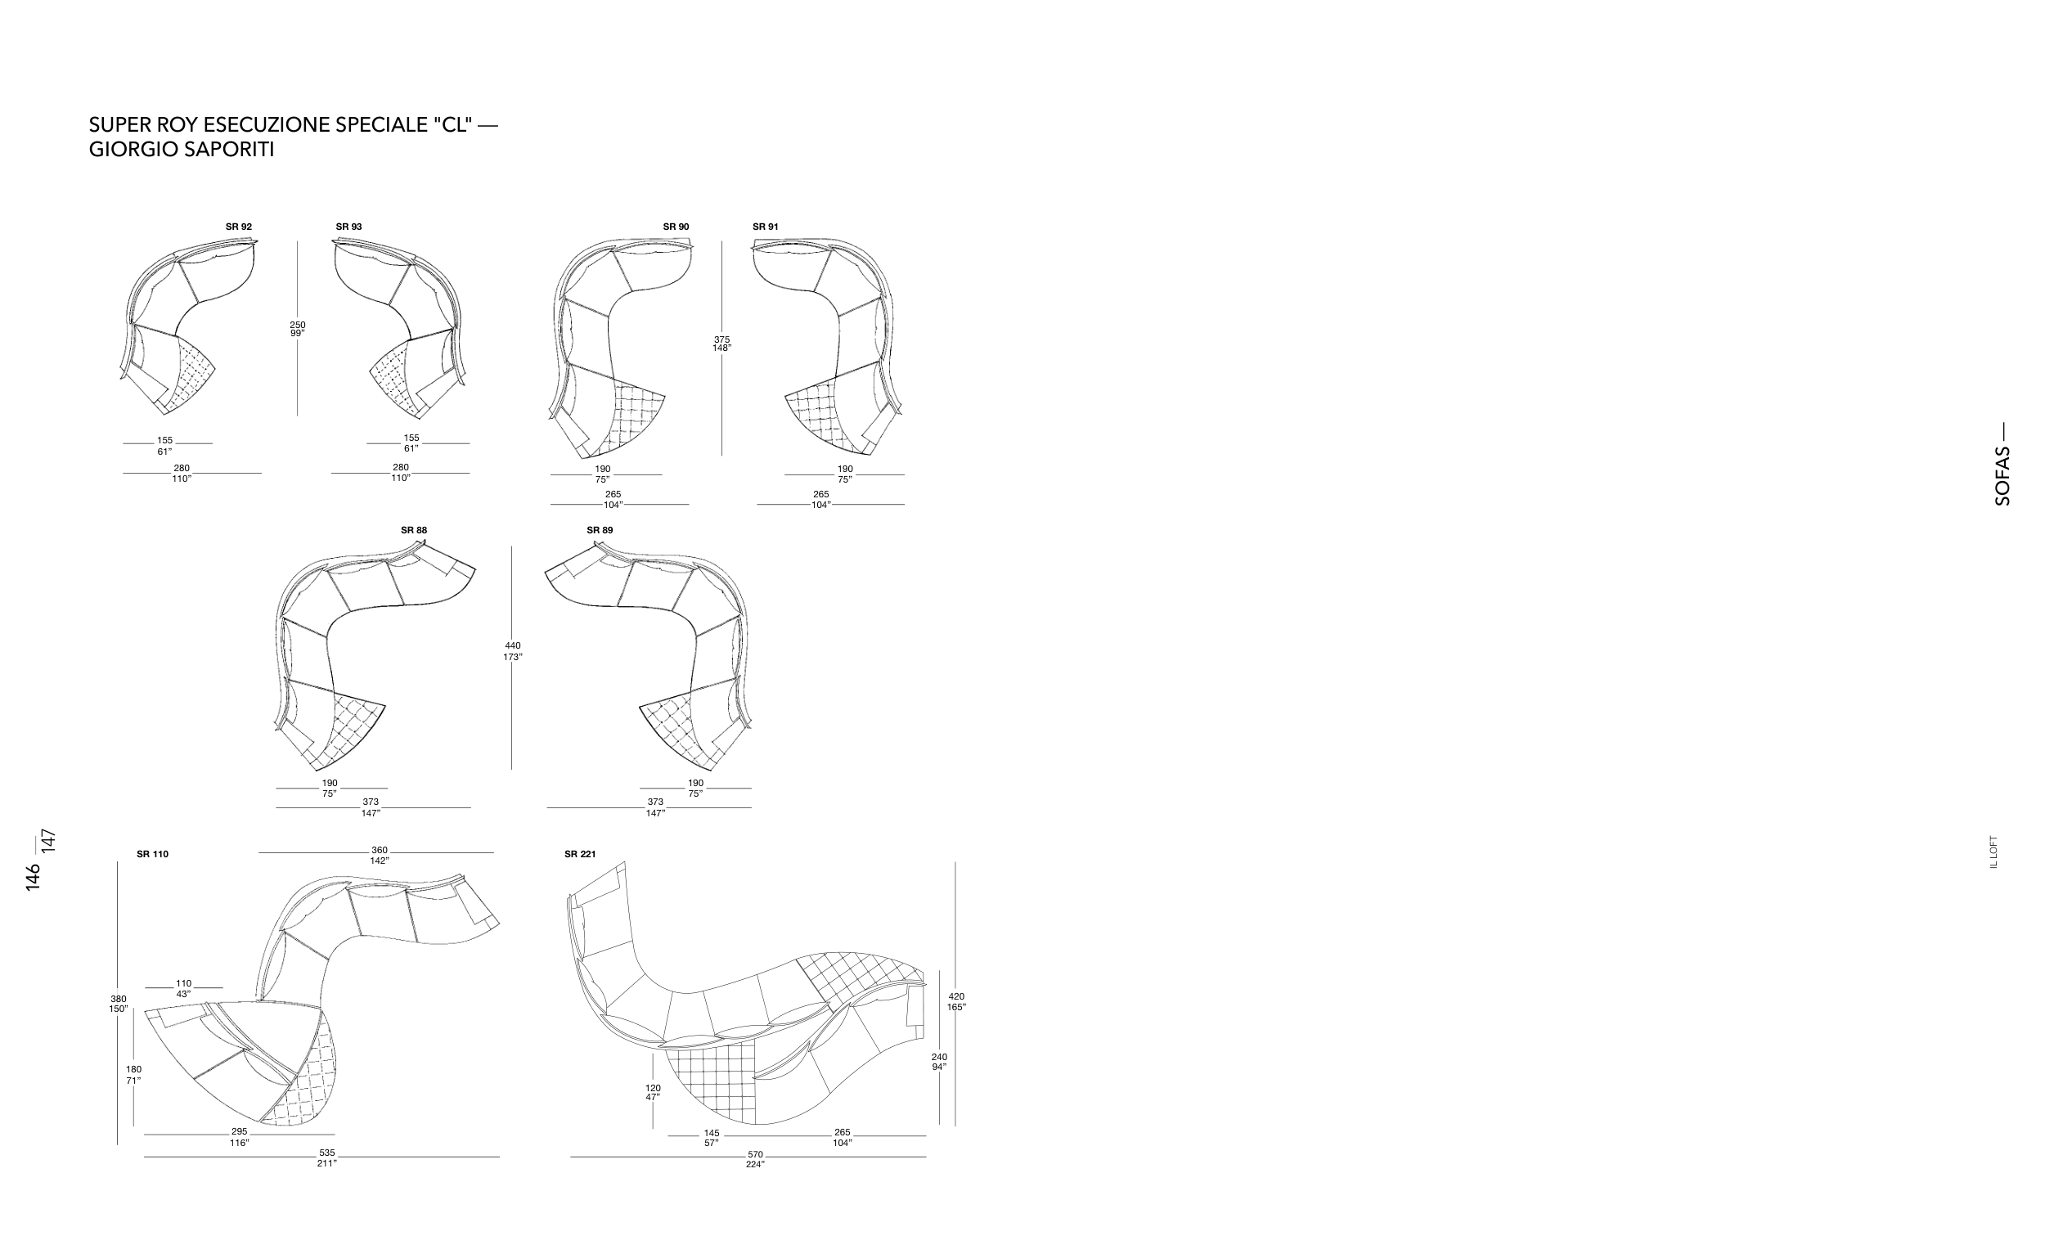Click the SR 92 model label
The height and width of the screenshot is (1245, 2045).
pos(239,227)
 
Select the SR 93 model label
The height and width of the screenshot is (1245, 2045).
pos(348,227)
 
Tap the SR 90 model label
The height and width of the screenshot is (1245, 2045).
pos(676,227)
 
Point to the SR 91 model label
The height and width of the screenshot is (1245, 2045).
pos(765,227)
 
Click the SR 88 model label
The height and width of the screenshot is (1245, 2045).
pos(414,530)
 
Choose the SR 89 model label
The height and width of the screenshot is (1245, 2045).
pos(600,530)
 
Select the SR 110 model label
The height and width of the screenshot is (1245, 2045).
pos(153,854)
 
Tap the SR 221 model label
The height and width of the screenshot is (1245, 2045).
pos(580,854)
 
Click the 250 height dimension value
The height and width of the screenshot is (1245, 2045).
pos(298,325)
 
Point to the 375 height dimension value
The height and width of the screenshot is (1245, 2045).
pos(722,339)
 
